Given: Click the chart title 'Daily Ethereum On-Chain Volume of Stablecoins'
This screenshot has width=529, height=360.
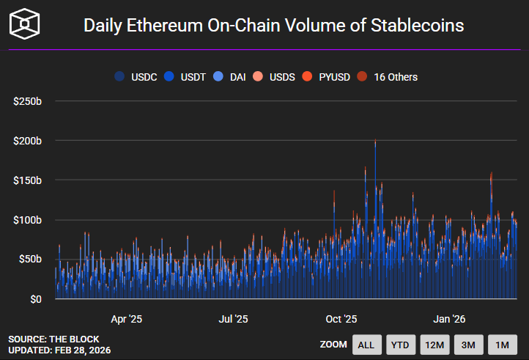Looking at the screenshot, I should pyautogui.click(x=273, y=25).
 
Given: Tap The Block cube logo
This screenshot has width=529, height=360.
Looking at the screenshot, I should pyautogui.click(x=25, y=25).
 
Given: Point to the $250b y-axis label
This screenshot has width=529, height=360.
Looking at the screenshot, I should pyautogui.click(x=27, y=100).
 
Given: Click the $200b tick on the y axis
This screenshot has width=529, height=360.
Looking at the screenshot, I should pyautogui.click(x=27, y=140).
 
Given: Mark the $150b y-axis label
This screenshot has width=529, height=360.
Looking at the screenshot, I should pyautogui.click(x=27, y=180).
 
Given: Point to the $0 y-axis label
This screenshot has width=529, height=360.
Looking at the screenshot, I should pyautogui.click(x=34, y=299).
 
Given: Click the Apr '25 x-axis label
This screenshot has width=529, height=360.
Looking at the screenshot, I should pyautogui.click(x=126, y=319).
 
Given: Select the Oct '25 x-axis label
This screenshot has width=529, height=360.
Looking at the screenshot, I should pyautogui.click(x=341, y=319).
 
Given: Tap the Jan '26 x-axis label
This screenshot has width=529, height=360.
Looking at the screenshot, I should pyautogui.click(x=449, y=319).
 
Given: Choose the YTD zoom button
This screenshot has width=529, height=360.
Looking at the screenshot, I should pyautogui.click(x=400, y=345).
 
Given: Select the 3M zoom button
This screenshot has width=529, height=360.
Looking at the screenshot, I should pyautogui.click(x=469, y=345).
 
